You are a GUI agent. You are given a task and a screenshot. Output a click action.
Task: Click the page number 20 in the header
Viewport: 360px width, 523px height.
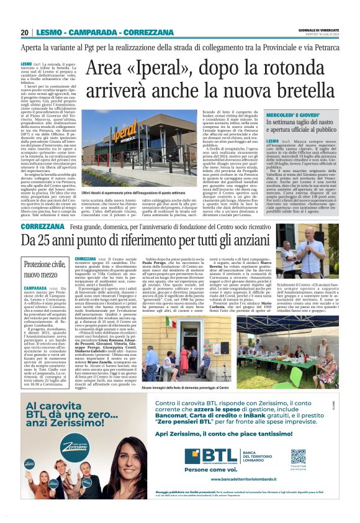pos(24,33)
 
